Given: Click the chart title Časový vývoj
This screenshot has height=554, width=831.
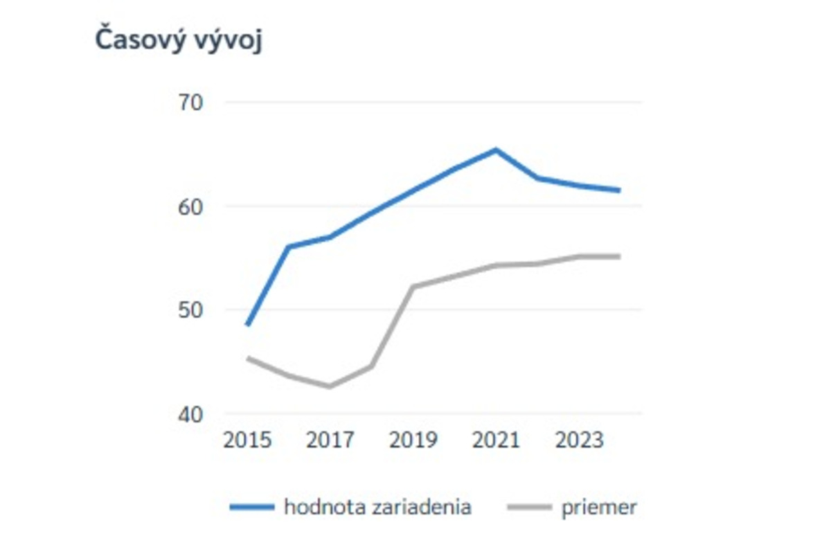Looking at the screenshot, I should [179, 41].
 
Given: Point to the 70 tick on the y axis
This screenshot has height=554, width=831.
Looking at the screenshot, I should [193, 102].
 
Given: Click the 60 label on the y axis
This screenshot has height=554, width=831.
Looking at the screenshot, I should [193, 206].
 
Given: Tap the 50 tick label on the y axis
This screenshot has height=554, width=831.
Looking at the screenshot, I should [193, 310].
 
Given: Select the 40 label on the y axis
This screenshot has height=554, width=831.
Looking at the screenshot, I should [193, 414].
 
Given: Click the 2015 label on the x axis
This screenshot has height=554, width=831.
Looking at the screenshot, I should [247, 440].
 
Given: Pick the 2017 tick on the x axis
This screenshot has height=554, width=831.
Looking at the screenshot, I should [330, 440].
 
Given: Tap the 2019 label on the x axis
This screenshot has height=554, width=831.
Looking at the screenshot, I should [413, 440].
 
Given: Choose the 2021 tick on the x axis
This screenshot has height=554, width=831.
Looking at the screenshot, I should [496, 440].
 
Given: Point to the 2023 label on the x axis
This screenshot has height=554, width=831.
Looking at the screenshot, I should [578, 440].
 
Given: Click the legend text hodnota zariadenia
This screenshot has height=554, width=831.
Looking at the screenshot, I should [377, 507].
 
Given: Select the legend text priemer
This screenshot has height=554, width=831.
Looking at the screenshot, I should [599, 507].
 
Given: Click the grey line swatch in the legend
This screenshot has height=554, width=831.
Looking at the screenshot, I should [530, 508].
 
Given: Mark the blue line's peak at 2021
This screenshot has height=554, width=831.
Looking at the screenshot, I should [496, 150].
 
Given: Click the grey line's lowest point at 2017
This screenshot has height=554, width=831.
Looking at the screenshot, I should [330, 386].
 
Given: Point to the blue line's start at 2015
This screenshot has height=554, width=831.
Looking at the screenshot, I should [247, 324].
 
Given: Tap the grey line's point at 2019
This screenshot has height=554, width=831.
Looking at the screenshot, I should [413, 287].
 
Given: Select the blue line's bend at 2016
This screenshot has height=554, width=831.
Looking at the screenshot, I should [289, 247].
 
